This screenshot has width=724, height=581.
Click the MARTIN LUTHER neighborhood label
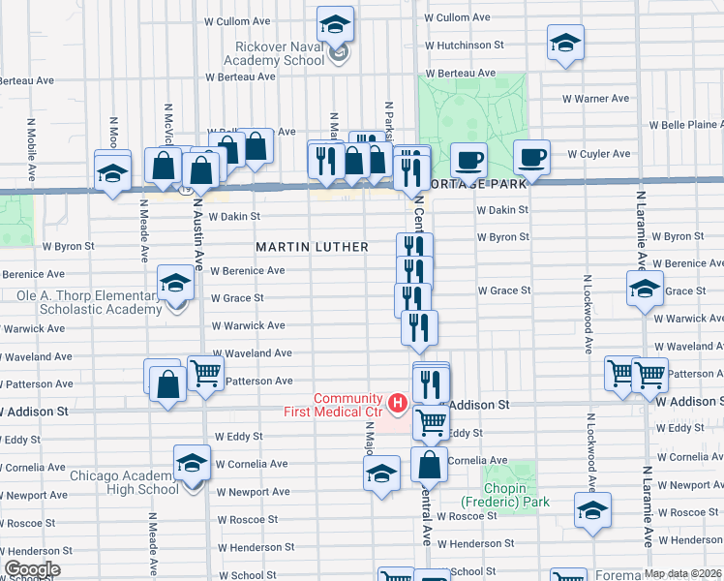312,247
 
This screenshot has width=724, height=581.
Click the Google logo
32,569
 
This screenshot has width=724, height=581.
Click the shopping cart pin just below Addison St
431,421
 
